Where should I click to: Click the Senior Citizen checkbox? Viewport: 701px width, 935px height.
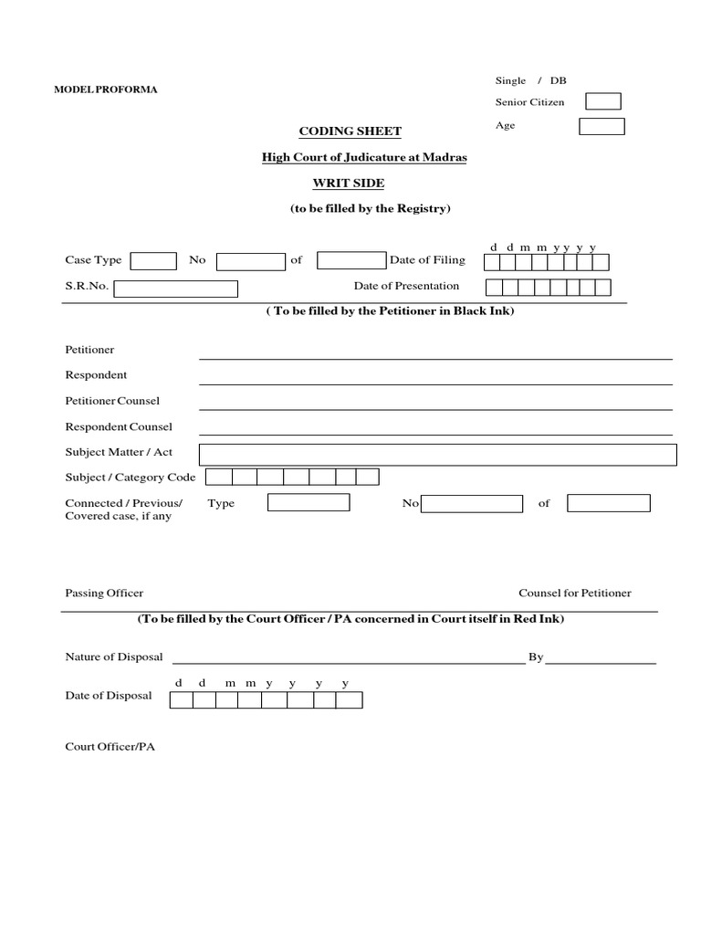[602, 101]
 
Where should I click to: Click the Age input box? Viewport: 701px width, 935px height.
[602, 126]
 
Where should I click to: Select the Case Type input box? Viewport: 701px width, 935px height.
[153, 261]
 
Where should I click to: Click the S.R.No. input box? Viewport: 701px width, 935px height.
[175, 289]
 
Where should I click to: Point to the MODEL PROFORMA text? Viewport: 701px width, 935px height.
[106, 89]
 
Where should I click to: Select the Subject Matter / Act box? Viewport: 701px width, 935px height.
[437, 455]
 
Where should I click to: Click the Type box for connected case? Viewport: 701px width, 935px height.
[309, 503]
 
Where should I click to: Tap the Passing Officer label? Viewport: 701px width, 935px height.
[104, 593]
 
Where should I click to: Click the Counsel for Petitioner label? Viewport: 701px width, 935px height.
[574, 593]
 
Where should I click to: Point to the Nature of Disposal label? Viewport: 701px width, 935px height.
[114, 657]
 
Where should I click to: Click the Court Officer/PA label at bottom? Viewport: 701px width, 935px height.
[110, 746]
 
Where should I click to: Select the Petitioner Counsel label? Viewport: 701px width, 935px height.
[112, 401]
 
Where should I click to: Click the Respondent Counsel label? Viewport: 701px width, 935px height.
[119, 426]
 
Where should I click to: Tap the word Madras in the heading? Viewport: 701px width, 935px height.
[445, 157]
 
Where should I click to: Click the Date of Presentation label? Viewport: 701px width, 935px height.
[406, 286]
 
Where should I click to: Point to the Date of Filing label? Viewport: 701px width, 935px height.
[427, 260]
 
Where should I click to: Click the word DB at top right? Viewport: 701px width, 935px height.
[558, 80]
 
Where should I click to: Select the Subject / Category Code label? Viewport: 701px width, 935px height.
[131, 478]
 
